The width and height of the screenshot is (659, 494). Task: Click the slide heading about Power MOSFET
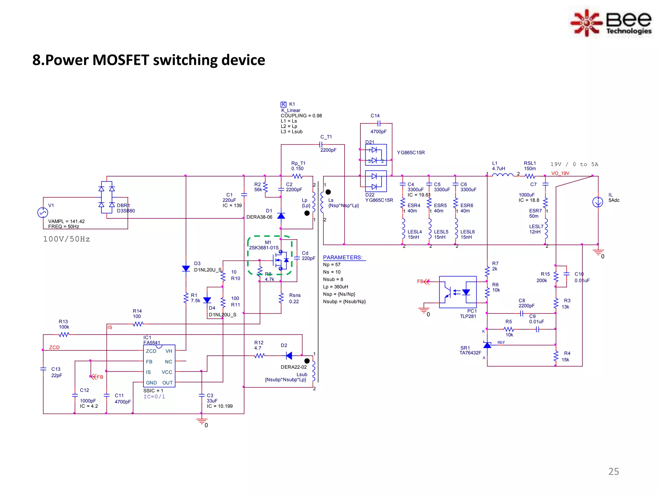[x=149, y=60]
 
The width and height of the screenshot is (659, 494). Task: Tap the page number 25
[x=613, y=471]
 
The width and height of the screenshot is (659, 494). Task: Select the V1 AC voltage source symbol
[x=43, y=213]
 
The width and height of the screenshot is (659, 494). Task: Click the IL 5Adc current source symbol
[x=598, y=202]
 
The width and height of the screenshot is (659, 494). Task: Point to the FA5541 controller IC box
[x=159, y=366]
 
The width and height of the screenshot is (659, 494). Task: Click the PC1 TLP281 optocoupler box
[x=458, y=292]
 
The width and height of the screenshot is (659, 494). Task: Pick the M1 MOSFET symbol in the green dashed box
[x=279, y=260]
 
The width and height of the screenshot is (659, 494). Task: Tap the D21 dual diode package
[x=376, y=155]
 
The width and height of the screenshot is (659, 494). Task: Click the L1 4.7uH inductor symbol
[x=503, y=176]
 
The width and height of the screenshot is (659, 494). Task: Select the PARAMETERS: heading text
[x=343, y=258]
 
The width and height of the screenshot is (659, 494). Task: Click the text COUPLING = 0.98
[x=301, y=116]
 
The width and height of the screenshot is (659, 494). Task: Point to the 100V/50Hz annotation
[x=67, y=239]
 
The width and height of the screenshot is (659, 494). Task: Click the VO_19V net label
[x=560, y=173]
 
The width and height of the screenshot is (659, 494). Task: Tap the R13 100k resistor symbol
[x=64, y=335]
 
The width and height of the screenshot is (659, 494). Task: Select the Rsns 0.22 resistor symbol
[x=281, y=298]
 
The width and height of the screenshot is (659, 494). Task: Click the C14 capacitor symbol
[x=379, y=123]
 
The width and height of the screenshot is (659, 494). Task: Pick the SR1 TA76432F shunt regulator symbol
[x=487, y=345]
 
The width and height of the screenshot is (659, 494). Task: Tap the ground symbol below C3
[x=202, y=421]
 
